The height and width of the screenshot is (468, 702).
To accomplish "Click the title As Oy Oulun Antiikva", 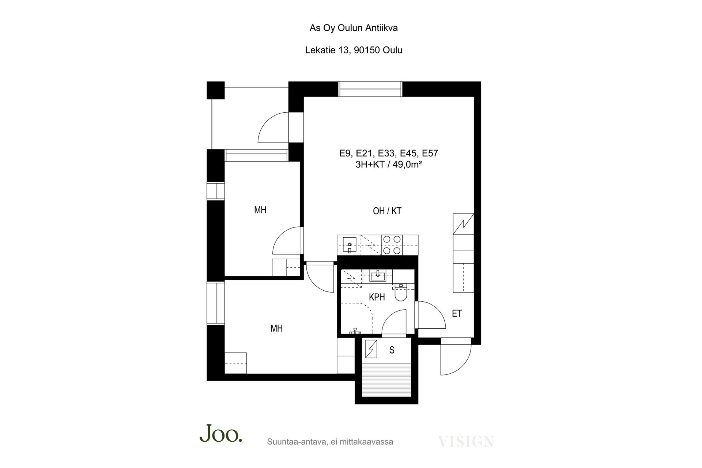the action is (x=354, y=28).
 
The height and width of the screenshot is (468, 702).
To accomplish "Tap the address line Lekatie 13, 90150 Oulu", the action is (x=354, y=50).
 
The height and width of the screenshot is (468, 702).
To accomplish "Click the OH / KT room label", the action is (x=387, y=211).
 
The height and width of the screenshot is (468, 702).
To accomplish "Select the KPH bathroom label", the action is (x=377, y=297).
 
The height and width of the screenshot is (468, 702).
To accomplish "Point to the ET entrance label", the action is (x=457, y=313).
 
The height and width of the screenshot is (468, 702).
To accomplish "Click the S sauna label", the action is (x=392, y=350).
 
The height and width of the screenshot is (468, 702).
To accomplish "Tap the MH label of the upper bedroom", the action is (x=260, y=210).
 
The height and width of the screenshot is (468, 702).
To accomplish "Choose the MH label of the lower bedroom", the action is (x=277, y=328).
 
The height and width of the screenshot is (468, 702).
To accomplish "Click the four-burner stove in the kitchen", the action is (x=392, y=245).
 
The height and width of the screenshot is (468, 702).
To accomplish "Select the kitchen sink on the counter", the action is (x=350, y=245).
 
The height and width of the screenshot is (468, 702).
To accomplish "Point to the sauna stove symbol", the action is (x=371, y=349).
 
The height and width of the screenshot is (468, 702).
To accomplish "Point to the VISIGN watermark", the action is (x=466, y=441).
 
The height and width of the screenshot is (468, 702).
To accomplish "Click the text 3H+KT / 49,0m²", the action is (x=389, y=165).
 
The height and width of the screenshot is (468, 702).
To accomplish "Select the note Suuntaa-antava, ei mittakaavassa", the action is (x=330, y=442).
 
